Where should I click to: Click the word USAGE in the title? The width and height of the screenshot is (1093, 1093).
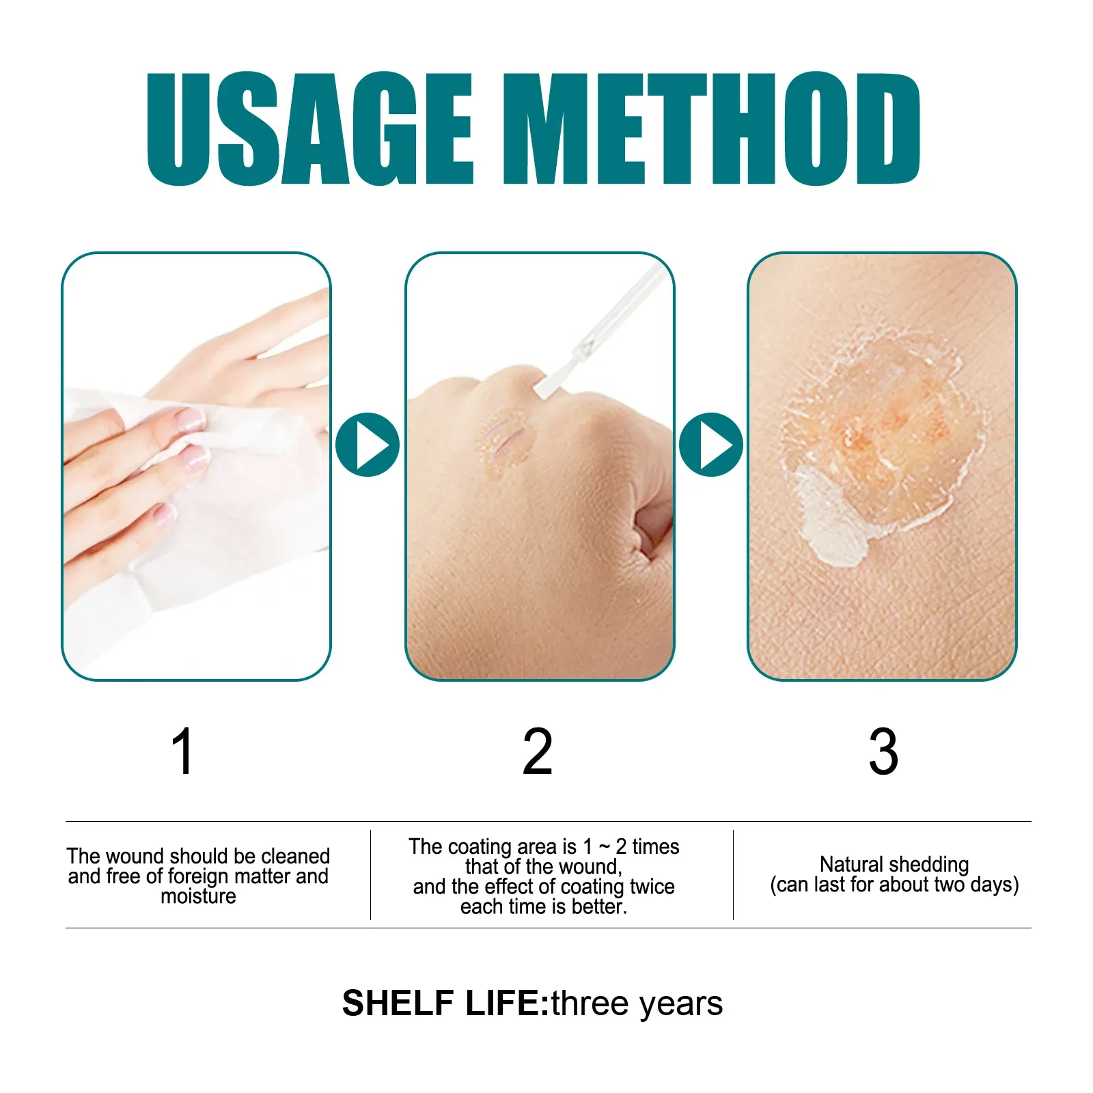[310, 129]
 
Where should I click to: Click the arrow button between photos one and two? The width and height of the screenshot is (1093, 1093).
[368, 445]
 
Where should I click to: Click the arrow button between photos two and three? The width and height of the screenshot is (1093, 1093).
[711, 445]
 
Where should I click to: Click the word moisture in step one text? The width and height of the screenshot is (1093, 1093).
[198, 896]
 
